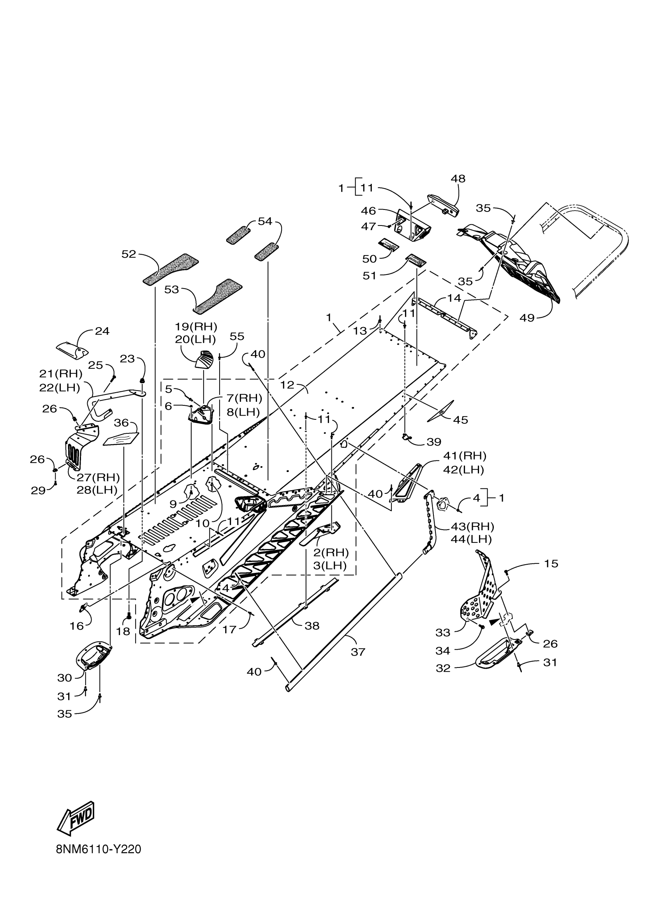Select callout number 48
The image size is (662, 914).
point(458,178)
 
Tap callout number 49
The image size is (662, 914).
point(526,317)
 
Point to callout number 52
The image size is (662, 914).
point(129,254)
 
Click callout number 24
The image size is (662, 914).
point(102,331)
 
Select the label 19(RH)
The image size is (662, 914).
point(196,326)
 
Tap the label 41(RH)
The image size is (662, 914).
point(465,456)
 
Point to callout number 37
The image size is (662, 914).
point(358,652)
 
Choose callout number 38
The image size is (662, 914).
point(312,625)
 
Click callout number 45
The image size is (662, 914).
point(461,419)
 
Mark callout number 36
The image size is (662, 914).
point(121,423)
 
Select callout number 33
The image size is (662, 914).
point(442,632)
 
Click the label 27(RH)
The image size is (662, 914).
point(98,477)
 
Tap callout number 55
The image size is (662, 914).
point(237,336)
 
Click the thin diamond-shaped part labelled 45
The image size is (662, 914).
point(440,412)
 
